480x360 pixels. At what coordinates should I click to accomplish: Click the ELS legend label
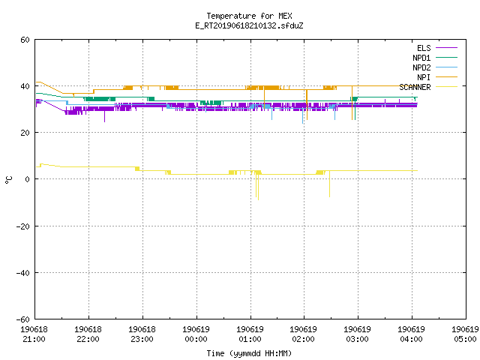(424, 48)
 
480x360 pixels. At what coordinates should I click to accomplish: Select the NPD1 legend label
(421, 58)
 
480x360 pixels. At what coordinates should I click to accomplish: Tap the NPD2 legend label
(421, 67)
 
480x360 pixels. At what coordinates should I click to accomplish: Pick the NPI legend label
(424, 77)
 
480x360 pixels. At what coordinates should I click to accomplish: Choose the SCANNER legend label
(415, 87)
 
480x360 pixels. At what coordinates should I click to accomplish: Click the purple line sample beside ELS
(446, 48)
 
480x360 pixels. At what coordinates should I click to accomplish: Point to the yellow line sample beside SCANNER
(446, 87)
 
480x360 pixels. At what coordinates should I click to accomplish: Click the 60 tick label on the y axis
(25, 40)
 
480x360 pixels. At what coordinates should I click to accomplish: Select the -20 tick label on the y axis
(23, 226)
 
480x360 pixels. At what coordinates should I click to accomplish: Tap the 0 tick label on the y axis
(28, 179)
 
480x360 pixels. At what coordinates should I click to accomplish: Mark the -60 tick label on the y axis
(23, 319)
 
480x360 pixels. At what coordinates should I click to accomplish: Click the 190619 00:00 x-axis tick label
(196, 334)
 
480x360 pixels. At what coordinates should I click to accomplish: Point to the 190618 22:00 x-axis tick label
(88, 334)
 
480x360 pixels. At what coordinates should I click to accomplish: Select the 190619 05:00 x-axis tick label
(465, 334)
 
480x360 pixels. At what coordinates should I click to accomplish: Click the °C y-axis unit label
(8, 180)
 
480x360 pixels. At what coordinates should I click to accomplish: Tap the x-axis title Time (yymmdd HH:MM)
(249, 353)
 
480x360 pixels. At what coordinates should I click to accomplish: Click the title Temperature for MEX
(249, 16)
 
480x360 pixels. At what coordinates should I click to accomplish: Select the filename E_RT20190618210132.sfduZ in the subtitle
(249, 25)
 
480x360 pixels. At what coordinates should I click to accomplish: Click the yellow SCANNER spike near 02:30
(329, 184)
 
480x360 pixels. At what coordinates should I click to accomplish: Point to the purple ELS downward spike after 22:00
(104, 115)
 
